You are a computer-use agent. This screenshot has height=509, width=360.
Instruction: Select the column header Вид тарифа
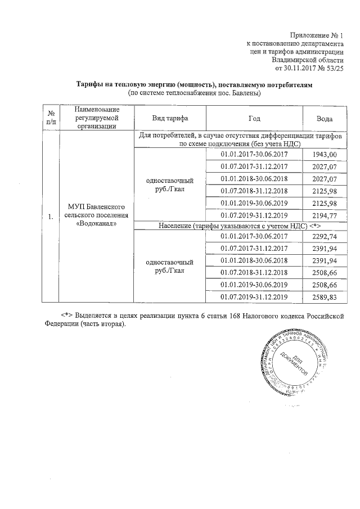point(170,119)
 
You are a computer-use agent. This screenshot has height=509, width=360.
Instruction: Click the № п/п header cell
point(51,119)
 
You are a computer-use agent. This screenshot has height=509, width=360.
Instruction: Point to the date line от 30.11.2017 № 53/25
point(308,68)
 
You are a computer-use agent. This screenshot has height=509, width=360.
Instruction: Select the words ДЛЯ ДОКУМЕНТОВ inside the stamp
point(292,362)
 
